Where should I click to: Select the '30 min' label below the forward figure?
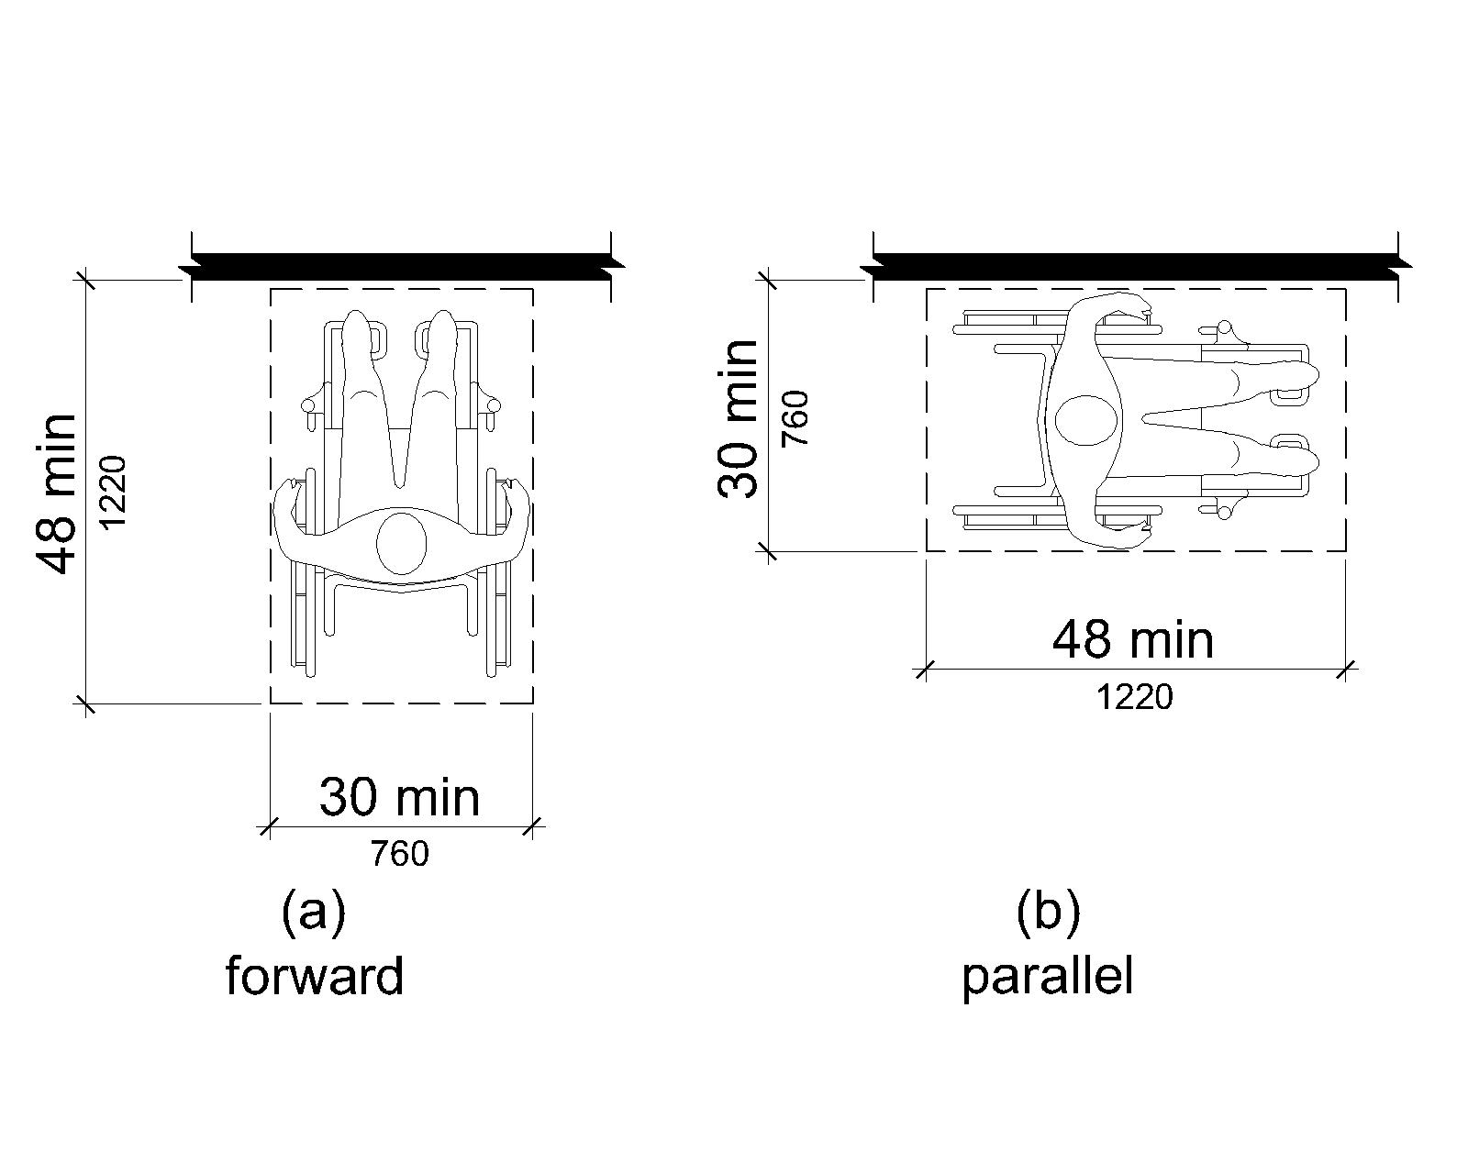click(400, 797)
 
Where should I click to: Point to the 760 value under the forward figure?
click(400, 854)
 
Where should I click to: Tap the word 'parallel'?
click(1048, 979)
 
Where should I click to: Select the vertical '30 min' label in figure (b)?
click(738, 418)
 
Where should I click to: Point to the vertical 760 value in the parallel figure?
click(795, 418)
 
